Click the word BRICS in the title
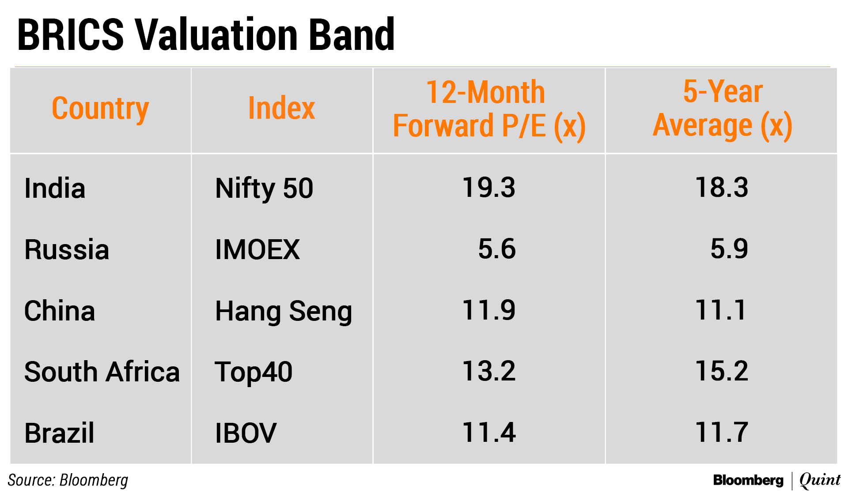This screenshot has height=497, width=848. [x=71, y=34]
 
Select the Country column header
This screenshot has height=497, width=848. [x=101, y=109]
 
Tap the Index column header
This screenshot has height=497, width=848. [x=282, y=108]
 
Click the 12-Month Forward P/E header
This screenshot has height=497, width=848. [x=489, y=109]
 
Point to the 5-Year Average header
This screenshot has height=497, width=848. [x=723, y=109]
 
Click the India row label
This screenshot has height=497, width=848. [x=55, y=188]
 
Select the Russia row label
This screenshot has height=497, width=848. [x=67, y=249]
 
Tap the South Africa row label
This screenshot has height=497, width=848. [x=102, y=372]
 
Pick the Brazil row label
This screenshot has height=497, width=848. [x=60, y=433]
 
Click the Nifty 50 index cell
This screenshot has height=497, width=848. [x=264, y=188]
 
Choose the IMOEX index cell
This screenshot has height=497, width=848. [x=257, y=249]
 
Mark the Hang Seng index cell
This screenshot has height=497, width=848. [x=284, y=312]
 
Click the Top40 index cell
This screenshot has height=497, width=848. [x=254, y=372]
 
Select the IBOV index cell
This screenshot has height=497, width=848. [x=246, y=433]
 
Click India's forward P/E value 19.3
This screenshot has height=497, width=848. [x=489, y=187]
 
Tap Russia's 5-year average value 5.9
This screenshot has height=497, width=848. [x=729, y=248]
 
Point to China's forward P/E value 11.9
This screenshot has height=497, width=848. [x=489, y=310]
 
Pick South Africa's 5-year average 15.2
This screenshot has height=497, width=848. [x=722, y=371]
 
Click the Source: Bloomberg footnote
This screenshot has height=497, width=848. [x=68, y=480]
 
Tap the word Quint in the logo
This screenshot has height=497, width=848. [x=820, y=480]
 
